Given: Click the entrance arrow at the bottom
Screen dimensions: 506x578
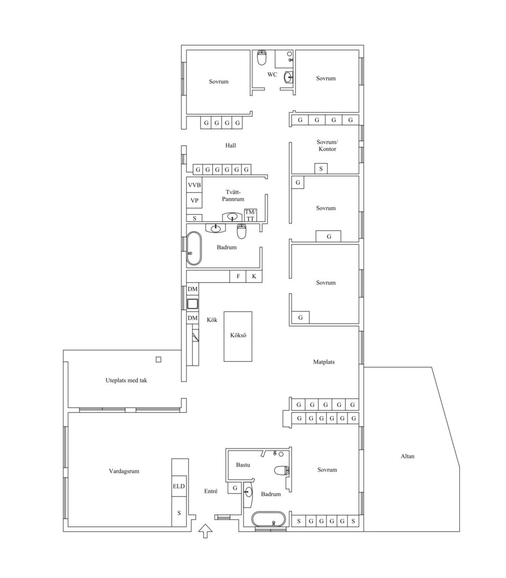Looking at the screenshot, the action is click(206, 531).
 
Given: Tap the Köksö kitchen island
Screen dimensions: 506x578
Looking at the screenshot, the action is click(238, 336).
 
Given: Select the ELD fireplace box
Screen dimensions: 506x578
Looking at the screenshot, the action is click(179, 486).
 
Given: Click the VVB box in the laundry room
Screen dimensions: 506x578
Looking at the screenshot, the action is click(194, 185).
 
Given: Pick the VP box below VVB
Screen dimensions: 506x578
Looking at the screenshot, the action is click(194, 201).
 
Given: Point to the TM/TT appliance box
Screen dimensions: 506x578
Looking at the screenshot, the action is click(250, 215).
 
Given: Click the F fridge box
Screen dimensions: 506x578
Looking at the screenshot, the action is click(238, 277).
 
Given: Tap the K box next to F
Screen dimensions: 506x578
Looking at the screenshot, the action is click(254, 277).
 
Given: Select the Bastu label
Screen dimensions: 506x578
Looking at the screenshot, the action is click(243, 465).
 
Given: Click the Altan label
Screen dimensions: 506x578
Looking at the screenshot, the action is click(407, 456).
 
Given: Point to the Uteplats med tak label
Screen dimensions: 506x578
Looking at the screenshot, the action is click(126, 381).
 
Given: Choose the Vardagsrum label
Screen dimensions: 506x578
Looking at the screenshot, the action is click(124, 471).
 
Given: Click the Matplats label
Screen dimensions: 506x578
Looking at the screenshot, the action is click(324, 362).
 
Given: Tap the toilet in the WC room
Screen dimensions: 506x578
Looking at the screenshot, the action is click(262, 57).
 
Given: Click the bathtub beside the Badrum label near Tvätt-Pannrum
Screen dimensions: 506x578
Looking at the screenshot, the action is click(194, 248).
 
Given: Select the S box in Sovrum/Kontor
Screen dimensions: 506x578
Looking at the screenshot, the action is click(321, 169).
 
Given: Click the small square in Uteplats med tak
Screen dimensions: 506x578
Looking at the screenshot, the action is click(158, 360).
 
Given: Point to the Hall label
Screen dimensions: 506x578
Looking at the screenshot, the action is click(230, 146).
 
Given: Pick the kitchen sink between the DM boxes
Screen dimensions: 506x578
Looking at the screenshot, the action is click(192, 304).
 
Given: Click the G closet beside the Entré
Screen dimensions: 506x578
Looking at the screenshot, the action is click(235, 488).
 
